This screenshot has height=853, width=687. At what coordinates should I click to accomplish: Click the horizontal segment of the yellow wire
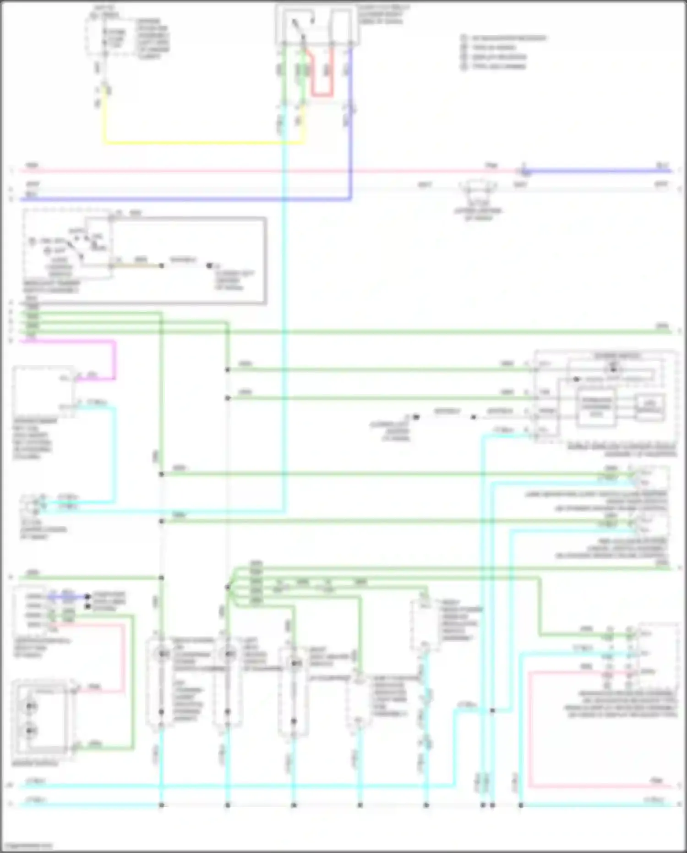point(202,143)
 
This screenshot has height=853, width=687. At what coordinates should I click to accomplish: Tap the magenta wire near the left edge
point(69,341)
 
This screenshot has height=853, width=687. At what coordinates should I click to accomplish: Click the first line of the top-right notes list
point(504,38)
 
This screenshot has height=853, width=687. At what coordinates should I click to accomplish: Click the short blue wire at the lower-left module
point(69,597)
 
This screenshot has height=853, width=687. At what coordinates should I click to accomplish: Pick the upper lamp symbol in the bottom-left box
point(31,706)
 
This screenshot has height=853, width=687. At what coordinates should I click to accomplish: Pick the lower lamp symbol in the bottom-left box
point(31,730)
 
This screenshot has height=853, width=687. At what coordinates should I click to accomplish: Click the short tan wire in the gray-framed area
point(137,265)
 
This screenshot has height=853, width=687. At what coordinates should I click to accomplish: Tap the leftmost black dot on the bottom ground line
point(161,805)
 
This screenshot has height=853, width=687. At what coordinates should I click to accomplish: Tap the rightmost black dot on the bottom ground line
point(521,805)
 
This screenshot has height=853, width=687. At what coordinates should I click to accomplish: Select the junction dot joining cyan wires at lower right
point(492,710)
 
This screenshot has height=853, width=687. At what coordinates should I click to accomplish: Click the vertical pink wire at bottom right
point(529,729)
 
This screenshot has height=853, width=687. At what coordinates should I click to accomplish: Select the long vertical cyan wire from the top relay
point(284,321)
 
